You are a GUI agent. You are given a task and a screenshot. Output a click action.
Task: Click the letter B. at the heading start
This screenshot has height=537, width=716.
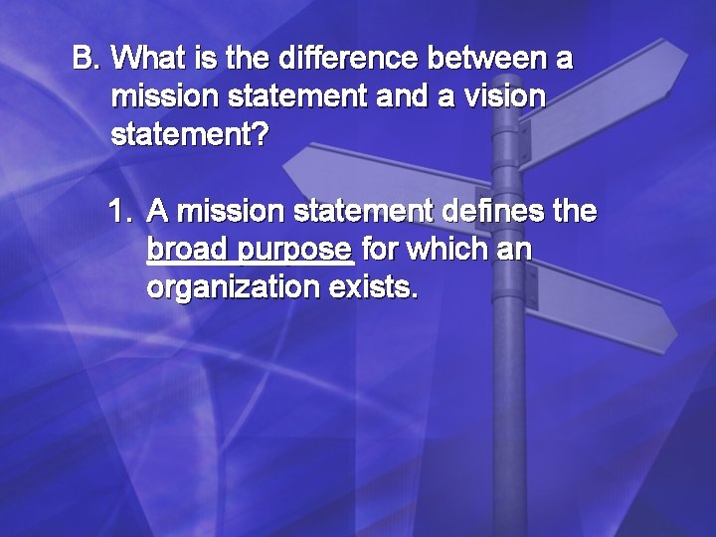[87, 60]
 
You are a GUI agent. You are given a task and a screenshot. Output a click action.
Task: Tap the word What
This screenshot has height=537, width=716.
[146, 60]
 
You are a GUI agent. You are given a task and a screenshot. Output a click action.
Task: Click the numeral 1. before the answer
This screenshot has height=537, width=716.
[120, 211]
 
